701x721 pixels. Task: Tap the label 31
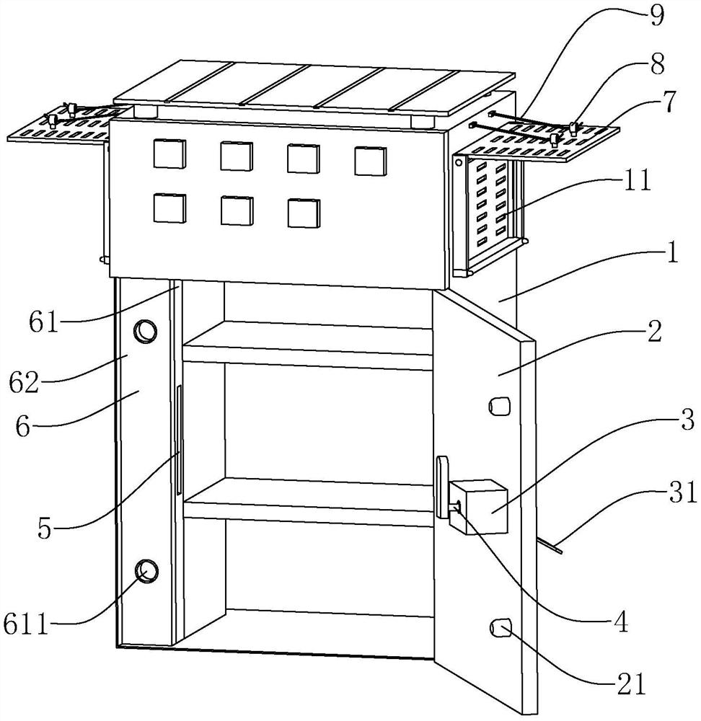point(680,494)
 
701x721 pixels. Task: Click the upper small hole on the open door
point(498,407)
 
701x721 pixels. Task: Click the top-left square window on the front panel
point(169,154)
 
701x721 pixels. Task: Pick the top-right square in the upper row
point(371,160)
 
